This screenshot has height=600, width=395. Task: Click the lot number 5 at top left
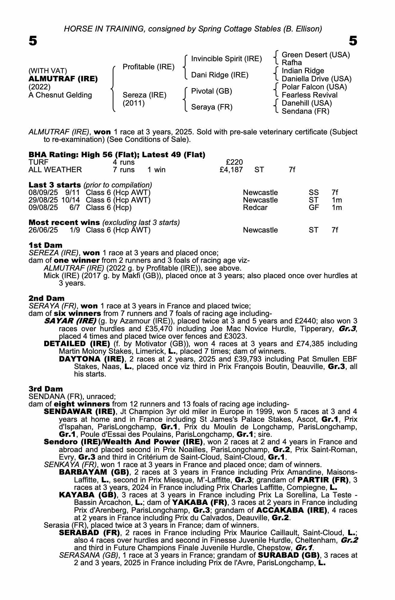(x=33, y=41)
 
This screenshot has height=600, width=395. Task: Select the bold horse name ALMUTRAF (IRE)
(x=63, y=79)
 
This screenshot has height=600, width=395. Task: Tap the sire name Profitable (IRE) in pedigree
(x=148, y=67)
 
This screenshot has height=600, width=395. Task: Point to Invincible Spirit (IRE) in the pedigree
(x=226, y=58)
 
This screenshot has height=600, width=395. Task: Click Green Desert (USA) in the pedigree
(x=316, y=55)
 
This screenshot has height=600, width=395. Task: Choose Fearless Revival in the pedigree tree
(x=309, y=95)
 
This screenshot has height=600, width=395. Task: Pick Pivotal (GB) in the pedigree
(x=211, y=91)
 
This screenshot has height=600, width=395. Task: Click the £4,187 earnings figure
(x=231, y=170)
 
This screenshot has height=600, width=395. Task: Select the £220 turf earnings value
(x=234, y=162)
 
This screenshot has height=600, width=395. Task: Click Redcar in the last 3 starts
(x=255, y=207)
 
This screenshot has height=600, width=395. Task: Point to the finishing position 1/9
(x=74, y=230)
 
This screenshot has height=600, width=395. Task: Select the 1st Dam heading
(x=45, y=245)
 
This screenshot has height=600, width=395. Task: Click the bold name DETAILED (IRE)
(x=77, y=343)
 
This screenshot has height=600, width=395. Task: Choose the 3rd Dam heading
(x=46, y=389)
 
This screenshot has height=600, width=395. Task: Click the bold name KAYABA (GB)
(x=88, y=495)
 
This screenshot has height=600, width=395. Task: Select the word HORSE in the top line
(x=74, y=29)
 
